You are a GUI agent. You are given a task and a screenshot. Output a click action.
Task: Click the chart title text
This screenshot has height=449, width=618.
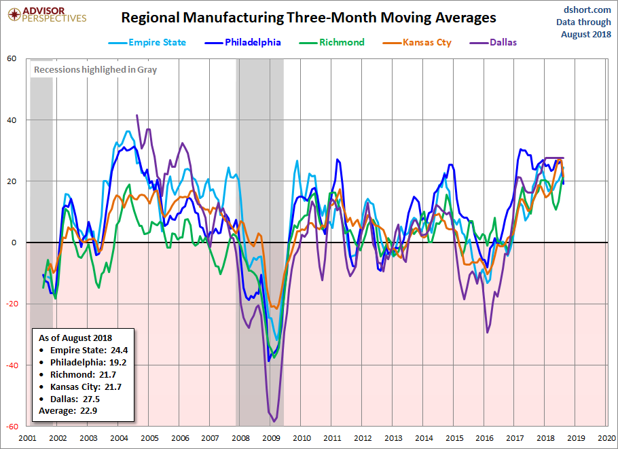tap(308, 18)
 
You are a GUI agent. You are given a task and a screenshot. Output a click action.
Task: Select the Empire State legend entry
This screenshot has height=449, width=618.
tap(147, 42)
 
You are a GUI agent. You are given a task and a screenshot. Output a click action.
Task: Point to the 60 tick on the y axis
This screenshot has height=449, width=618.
tap(12, 58)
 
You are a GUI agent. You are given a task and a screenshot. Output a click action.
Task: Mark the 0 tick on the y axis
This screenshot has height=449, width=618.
tap(14, 243)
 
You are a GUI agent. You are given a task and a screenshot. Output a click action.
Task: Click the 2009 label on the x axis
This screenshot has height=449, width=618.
tap(271, 438)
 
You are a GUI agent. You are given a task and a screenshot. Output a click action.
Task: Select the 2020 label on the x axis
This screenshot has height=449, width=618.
tap(607, 438)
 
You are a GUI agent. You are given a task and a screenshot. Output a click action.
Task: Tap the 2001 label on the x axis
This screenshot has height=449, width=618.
tap(28, 438)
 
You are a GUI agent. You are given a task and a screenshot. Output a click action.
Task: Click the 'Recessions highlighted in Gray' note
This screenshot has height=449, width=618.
tap(95, 69)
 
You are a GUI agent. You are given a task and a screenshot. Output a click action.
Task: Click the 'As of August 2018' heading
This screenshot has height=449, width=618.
tap(75, 338)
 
